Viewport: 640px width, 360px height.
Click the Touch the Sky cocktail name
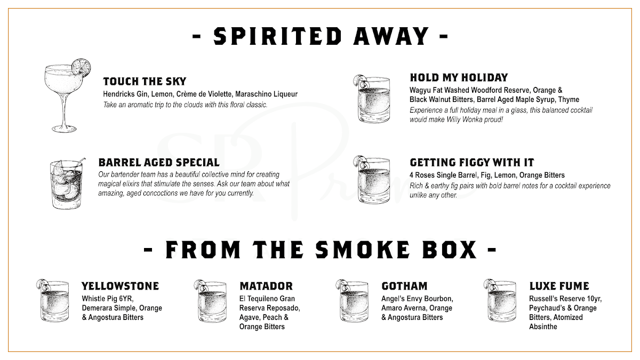coord(145,82)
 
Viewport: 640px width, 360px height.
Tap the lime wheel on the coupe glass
coord(81,67)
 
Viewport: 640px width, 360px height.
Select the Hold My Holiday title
coord(459,77)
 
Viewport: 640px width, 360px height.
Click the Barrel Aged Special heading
coord(159,162)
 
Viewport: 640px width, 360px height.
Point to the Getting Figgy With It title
coord(471,162)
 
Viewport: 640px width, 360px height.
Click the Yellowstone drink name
coord(121,286)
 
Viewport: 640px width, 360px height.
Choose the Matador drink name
coord(266,286)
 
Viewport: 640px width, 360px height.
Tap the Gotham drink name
coord(404,286)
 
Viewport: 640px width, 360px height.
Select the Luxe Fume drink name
coord(559,286)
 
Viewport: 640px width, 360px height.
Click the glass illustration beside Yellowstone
coord(53,301)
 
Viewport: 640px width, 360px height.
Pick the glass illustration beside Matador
coord(211,301)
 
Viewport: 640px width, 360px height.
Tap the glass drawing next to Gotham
coord(353,301)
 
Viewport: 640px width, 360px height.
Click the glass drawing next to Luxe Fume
coord(500,301)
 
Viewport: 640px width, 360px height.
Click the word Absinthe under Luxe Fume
coord(543,326)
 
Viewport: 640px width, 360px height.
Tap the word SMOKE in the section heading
coord(363,250)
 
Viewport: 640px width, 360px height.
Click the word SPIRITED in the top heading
coord(278,36)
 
